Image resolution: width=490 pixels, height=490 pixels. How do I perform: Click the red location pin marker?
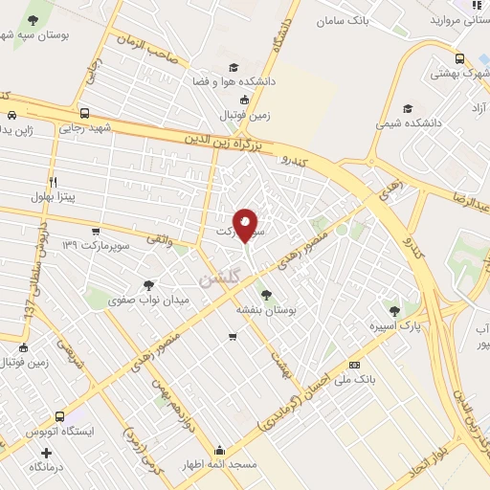click(x=246, y=225)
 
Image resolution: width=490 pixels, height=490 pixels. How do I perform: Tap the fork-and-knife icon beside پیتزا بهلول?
click(x=53, y=180)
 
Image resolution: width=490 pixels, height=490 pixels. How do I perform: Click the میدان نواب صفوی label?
click(x=148, y=300)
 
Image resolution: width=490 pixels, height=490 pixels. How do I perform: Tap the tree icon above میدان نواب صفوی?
click(x=148, y=284)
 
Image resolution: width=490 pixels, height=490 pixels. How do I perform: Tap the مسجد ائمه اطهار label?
click(x=221, y=465)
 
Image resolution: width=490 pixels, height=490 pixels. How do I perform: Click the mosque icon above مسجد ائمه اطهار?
click(x=221, y=451)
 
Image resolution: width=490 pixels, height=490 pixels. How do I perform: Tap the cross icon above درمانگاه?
click(x=47, y=452)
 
